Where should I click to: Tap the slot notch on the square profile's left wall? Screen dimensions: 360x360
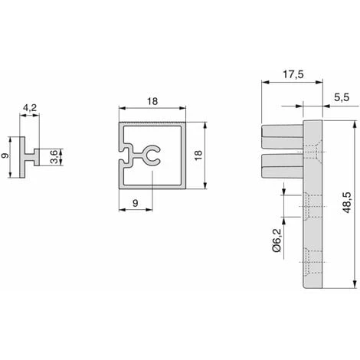pyautogui.click(x=123, y=161)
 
